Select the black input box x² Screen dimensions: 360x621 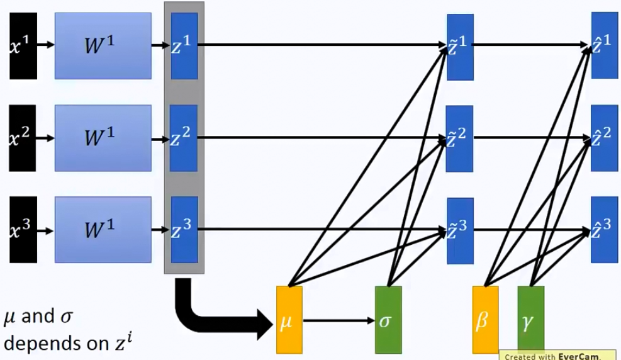point(23,138)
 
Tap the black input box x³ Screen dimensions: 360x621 point(23,230)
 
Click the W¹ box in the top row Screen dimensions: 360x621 point(103,45)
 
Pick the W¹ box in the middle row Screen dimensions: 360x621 point(103,138)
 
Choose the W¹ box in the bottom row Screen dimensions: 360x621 point(103,230)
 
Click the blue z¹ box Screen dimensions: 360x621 point(184,45)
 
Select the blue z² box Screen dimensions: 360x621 point(184,138)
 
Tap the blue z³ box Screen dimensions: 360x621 point(184,230)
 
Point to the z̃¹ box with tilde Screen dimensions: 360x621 point(459,46)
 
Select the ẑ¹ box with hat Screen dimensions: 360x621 point(604,45)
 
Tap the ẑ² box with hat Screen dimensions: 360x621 point(604,138)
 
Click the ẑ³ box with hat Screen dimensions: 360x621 point(604,229)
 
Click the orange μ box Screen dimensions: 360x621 point(289,320)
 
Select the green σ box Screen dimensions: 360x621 point(388,320)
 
